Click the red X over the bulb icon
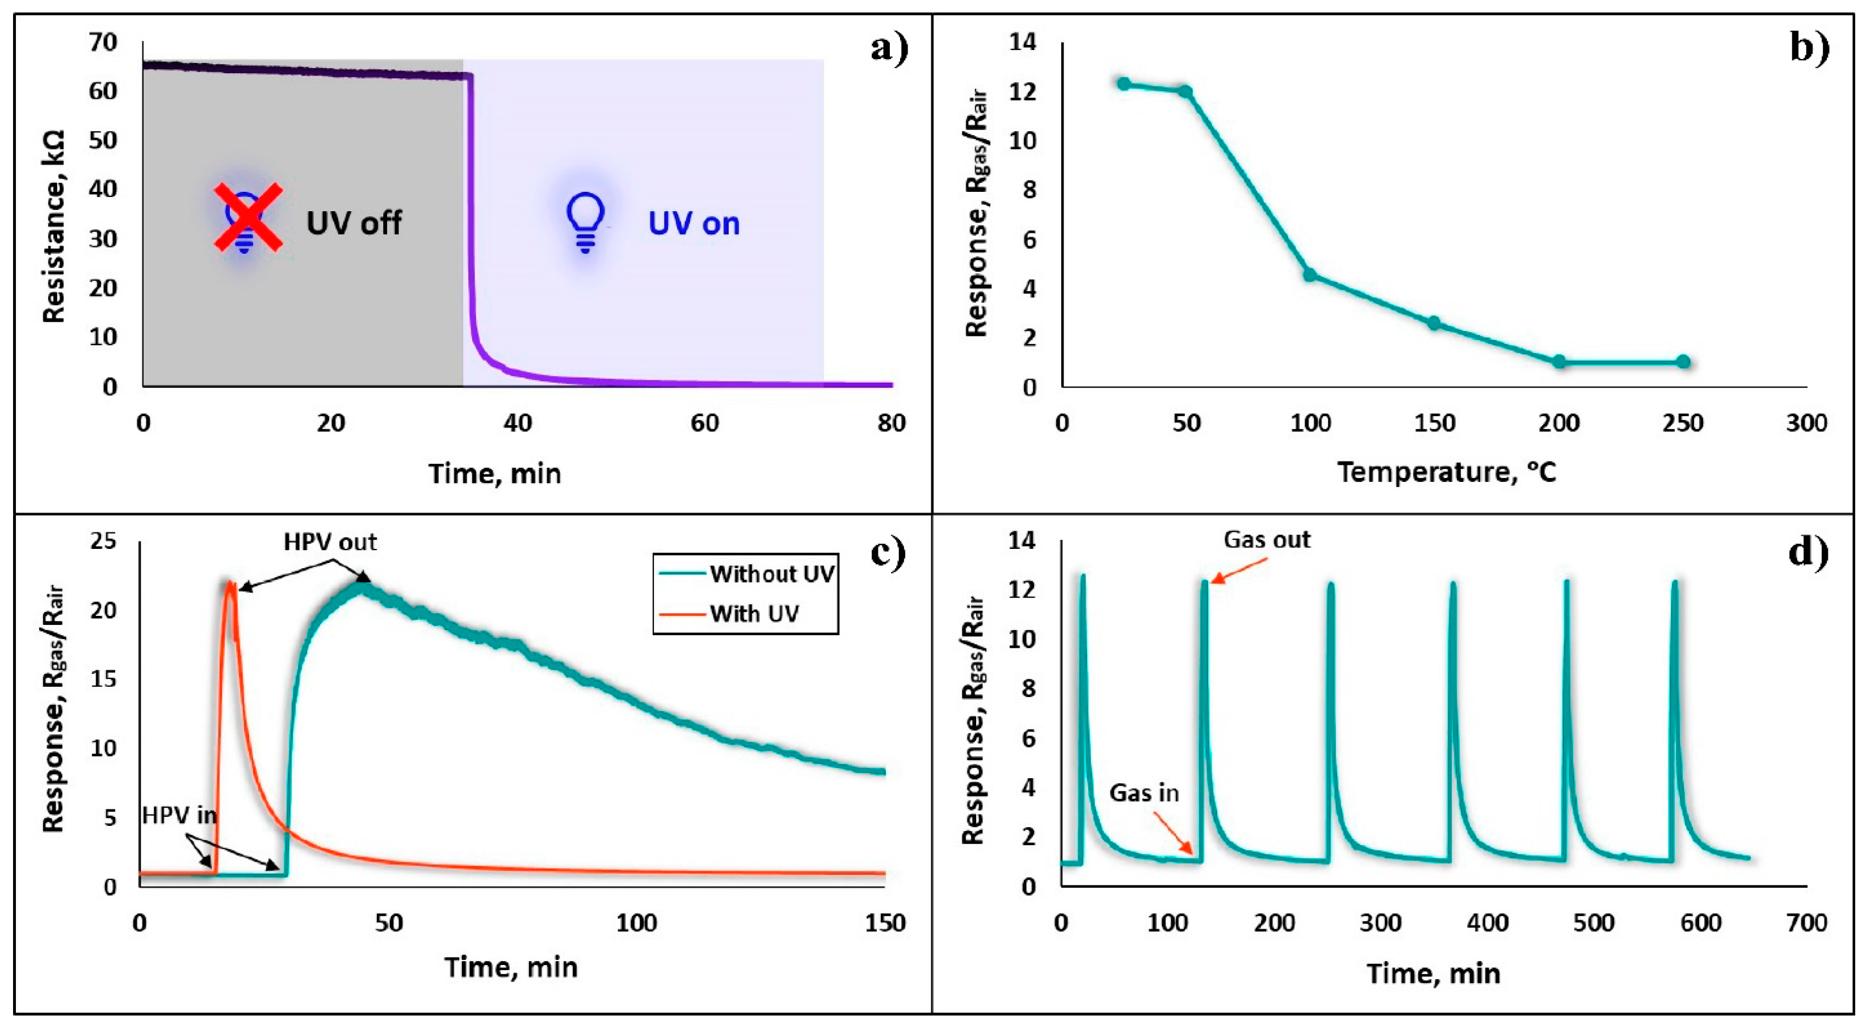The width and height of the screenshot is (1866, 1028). click(248, 217)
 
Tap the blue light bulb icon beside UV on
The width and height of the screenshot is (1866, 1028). click(585, 220)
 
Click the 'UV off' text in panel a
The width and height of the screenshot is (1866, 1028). click(354, 223)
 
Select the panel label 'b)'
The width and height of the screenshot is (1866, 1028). click(1809, 49)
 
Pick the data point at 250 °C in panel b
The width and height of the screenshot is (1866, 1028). click(1683, 362)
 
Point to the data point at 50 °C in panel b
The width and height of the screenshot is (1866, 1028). click(1185, 91)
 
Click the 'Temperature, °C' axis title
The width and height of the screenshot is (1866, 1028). click(1447, 472)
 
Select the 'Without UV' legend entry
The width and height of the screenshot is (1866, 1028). click(771, 574)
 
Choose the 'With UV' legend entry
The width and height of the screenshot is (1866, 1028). click(754, 614)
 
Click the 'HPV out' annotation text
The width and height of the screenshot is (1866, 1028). click(330, 542)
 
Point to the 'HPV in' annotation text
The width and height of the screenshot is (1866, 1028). click(179, 815)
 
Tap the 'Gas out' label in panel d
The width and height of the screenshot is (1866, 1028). click(1267, 540)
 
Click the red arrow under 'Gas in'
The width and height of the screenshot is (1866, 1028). click(1174, 832)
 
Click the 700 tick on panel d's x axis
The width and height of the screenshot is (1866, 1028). click(1806, 923)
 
